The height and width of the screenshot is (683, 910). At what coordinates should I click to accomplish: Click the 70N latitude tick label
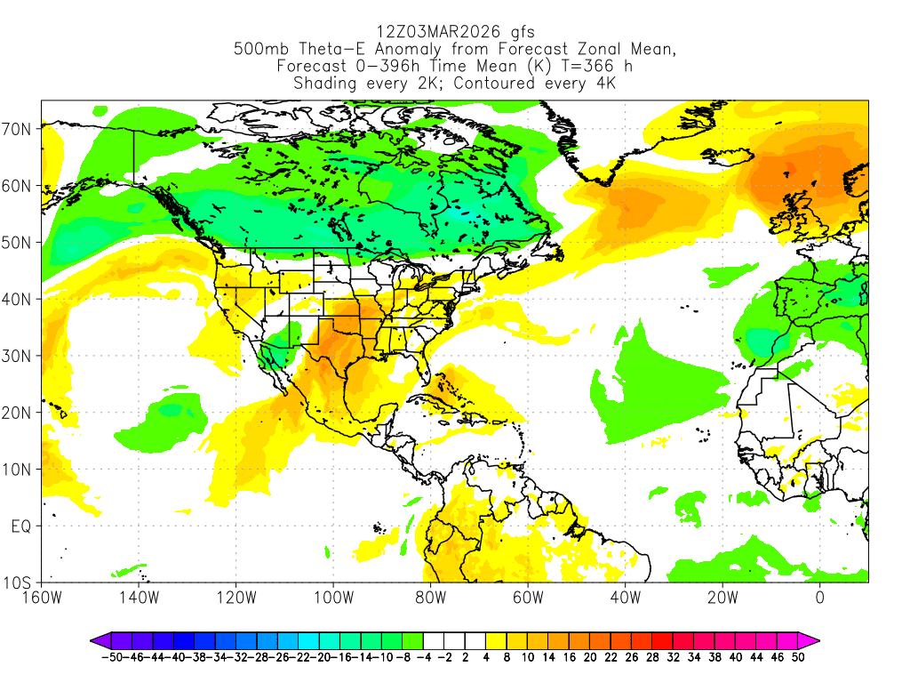point(20,128)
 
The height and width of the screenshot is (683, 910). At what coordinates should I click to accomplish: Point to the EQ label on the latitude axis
point(22,526)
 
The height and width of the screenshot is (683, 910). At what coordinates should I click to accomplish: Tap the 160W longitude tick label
point(42,596)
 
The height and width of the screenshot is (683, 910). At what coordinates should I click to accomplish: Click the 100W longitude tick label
point(332,596)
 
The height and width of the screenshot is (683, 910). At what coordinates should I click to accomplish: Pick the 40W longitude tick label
point(625,596)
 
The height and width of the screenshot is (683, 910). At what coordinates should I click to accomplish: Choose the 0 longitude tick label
point(819,596)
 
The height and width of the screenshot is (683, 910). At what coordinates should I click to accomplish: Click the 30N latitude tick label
point(20,356)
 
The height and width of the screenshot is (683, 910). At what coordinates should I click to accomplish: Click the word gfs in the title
point(522,33)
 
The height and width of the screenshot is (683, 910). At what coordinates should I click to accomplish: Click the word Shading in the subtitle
point(328,84)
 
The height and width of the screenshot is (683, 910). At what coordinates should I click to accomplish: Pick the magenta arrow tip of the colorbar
point(813,639)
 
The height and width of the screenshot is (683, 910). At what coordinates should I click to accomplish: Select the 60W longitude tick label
point(527,596)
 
